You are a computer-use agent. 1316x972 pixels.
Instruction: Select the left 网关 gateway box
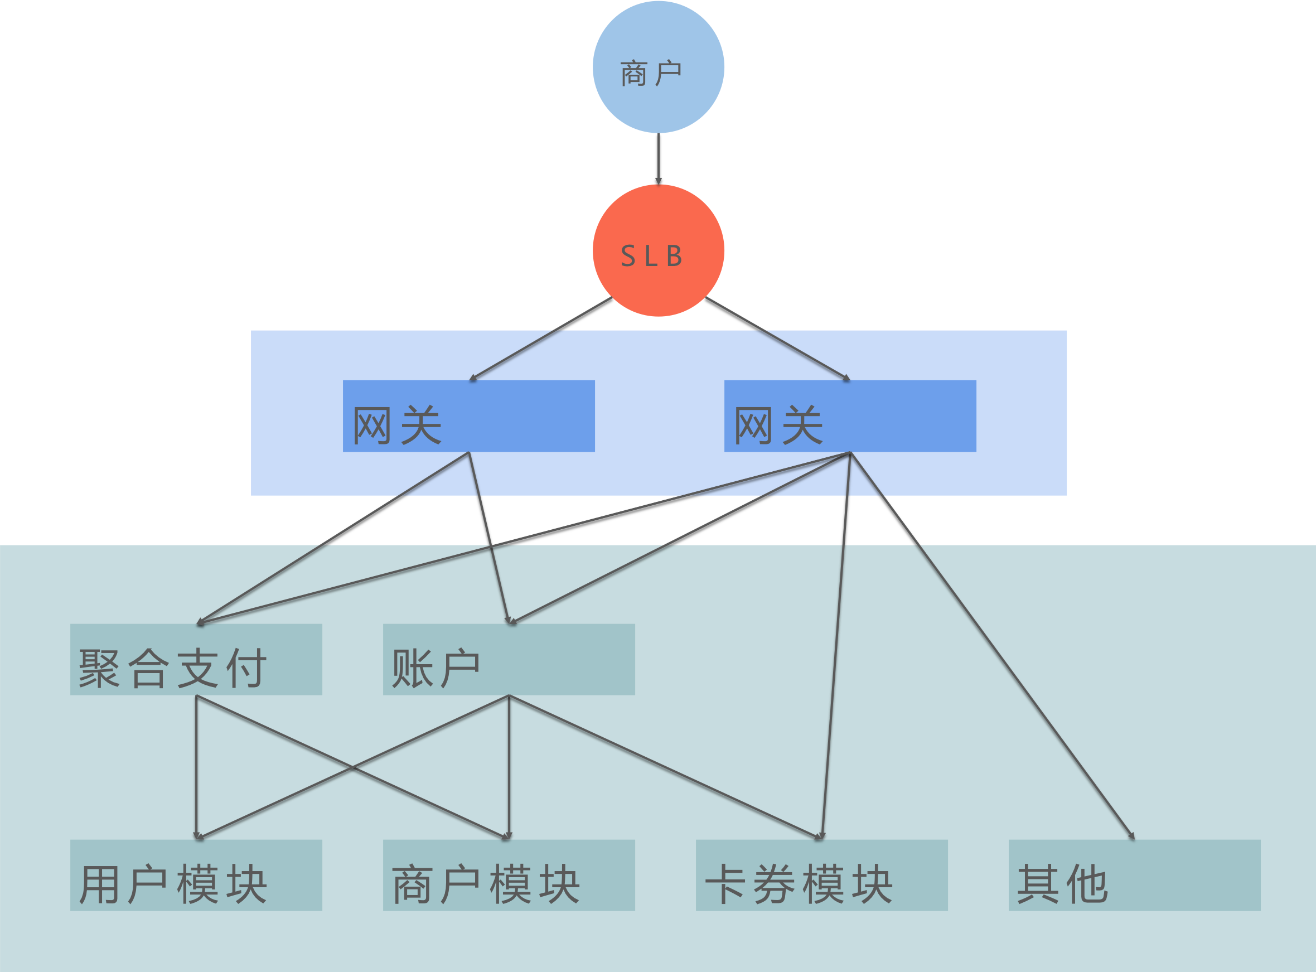pos(468,416)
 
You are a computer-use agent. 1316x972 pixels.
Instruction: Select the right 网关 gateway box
pos(850,416)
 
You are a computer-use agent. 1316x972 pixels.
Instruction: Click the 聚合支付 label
pos(173,669)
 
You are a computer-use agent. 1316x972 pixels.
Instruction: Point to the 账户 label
pos(436,669)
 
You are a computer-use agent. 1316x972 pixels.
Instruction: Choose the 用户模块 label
pos(173,884)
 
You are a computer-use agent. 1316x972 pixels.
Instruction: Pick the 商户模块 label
pos(486,884)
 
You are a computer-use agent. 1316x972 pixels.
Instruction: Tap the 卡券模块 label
pos(799,884)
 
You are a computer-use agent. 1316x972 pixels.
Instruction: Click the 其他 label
pos(1062,884)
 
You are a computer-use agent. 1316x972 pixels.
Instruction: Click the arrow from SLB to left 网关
pos(541,338)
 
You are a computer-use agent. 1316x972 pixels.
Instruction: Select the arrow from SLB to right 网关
pos(777,338)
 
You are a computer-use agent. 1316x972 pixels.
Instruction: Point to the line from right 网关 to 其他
pos(994,647)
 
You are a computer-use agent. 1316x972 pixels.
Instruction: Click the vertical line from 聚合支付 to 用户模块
pos(196,765)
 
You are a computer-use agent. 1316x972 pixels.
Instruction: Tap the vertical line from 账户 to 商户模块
pos(509,765)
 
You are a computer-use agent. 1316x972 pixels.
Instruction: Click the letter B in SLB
pos(674,257)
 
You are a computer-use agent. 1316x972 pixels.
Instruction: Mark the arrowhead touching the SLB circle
pos(659,181)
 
